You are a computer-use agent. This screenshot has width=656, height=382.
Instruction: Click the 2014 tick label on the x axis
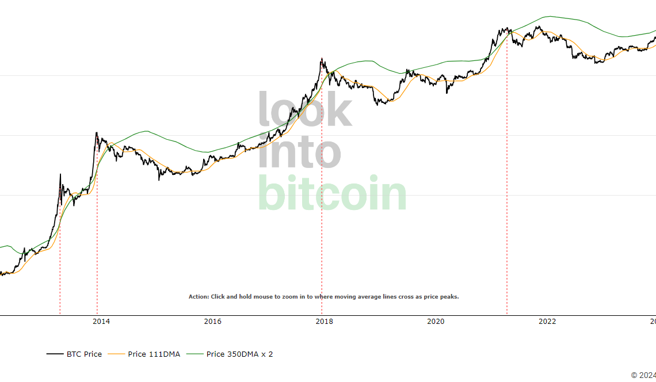click(x=101, y=321)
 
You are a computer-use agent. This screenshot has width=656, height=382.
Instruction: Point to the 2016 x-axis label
click(x=212, y=321)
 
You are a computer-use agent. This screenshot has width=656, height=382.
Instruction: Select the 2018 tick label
click(x=324, y=321)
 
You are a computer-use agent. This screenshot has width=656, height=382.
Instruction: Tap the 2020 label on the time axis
click(x=436, y=321)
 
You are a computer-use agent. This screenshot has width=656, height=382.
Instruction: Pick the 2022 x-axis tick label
click(x=547, y=321)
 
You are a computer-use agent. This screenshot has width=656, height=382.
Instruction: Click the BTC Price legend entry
click(x=84, y=354)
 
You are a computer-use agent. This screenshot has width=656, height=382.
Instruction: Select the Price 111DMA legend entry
click(x=154, y=354)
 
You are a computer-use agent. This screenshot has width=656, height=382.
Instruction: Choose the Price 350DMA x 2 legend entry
click(x=239, y=354)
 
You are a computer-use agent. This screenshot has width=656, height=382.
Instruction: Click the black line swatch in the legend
click(x=55, y=354)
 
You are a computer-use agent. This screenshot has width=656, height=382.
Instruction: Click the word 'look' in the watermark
click(x=304, y=110)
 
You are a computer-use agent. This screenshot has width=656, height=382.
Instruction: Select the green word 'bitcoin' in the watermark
click(x=332, y=193)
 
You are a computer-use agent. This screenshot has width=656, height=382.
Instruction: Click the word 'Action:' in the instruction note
click(x=199, y=297)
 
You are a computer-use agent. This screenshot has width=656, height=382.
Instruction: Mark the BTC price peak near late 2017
click(x=322, y=59)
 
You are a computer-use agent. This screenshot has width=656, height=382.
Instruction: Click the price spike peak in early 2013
click(x=60, y=174)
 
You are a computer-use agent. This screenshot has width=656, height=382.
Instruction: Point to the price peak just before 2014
click(x=96, y=133)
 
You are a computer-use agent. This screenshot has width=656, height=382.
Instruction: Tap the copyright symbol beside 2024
click(x=634, y=375)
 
